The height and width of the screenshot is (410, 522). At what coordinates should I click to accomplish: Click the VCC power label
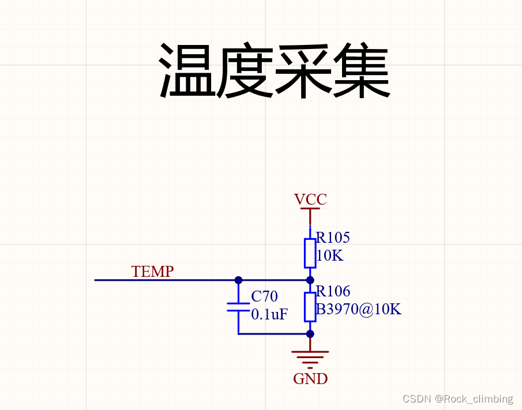(x=310, y=200)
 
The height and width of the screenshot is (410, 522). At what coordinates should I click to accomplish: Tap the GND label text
(x=310, y=379)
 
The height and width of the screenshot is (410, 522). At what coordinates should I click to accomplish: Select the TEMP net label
(x=152, y=272)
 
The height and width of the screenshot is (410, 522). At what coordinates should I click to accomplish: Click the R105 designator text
(x=333, y=238)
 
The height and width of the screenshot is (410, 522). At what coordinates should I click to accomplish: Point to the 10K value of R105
(x=329, y=255)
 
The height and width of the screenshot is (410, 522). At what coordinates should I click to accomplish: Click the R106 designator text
(x=333, y=291)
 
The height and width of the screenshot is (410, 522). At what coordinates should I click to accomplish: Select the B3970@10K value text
(x=358, y=309)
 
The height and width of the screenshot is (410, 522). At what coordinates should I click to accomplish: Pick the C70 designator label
(x=264, y=296)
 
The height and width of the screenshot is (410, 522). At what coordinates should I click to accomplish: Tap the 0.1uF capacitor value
(x=269, y=314)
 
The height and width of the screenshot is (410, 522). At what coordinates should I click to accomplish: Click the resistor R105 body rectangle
(x=310, y=253)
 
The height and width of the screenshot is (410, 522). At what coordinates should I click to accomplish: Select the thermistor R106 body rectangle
(x=310, y=307)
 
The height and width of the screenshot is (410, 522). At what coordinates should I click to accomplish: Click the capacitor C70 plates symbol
(x=238, y=307)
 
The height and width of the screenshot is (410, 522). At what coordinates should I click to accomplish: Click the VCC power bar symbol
(x=310, y=209)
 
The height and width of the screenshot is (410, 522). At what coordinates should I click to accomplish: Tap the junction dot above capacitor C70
(x=238, y=280)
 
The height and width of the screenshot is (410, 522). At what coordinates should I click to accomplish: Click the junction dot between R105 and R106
(x=310, y=280)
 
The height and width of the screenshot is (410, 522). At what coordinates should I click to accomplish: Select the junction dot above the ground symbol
(x=310, y=333)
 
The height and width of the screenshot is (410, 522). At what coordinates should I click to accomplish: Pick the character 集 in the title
(x=361, y=70)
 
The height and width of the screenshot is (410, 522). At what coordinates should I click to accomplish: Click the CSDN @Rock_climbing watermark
(x=457, y=398)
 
